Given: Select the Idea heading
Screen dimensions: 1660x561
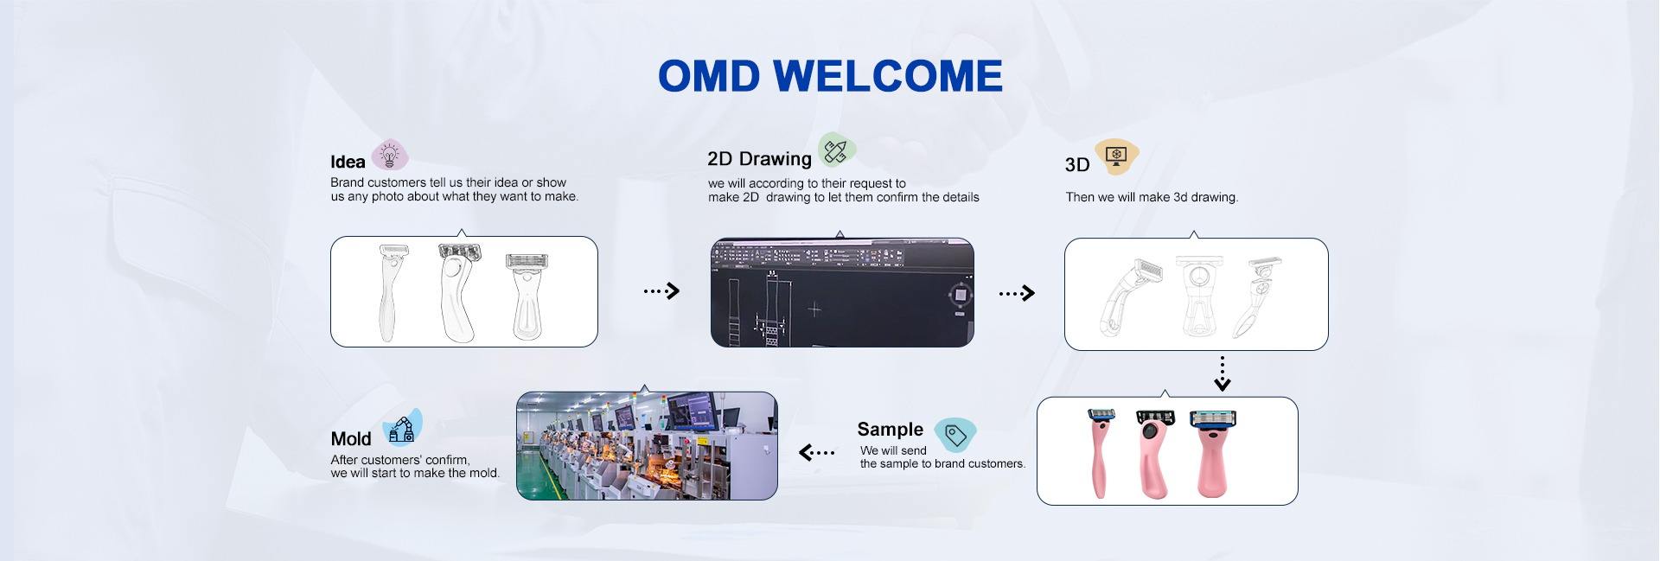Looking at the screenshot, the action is point(348,162).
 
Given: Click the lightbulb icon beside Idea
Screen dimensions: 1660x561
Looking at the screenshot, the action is point(390,156).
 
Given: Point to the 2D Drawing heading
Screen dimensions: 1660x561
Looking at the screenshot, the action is point(759,159).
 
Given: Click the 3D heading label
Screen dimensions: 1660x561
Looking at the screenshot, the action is point(1077,165).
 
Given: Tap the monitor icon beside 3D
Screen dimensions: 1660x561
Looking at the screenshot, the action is point(1117,156).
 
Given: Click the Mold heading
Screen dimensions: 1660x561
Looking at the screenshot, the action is point(351,439).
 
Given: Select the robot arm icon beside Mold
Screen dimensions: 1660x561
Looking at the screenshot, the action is point(402,426).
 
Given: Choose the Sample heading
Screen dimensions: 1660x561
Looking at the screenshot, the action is point(890,429).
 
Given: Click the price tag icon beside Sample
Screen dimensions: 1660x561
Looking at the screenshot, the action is point(954,434).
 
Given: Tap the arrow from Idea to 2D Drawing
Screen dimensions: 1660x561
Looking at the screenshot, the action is point(661,291).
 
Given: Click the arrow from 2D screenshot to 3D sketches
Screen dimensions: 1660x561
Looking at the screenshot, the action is point(1017,294).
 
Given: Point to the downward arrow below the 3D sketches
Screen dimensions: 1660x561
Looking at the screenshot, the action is point(1222,374).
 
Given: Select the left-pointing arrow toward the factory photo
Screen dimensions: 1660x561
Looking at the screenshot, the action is point(817,452).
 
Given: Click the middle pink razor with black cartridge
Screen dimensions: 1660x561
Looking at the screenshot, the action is point(1152,454).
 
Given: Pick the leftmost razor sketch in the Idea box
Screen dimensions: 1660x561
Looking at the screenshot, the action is point(392,292).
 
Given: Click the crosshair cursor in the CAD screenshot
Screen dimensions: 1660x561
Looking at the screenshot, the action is point(814,309).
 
